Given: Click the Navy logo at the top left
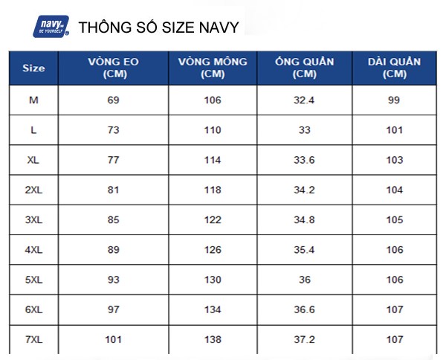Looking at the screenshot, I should pos(51,28).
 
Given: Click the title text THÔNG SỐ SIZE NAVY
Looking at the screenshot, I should pos(158,28).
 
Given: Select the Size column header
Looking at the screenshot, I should pos(33,68).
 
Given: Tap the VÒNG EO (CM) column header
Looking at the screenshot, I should pos(113,68).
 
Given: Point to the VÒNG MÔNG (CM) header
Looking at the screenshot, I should pos(213,68).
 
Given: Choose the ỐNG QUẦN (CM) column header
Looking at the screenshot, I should pos(305,68).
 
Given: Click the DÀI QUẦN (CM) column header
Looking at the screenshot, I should pos(394,68).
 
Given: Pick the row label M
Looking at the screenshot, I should pos(33,100).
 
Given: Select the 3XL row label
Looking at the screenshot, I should pos(33,220).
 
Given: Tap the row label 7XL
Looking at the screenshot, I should pos(33,340).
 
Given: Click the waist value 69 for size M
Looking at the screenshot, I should pos(113,100).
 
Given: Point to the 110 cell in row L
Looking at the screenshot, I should pos(213,130).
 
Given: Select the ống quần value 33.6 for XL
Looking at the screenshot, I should pos(305,160).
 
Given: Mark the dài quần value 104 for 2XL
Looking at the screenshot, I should pos(395,190).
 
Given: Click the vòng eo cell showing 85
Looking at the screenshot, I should pos(113,220).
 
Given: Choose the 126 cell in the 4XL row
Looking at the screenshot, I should pos(213,250).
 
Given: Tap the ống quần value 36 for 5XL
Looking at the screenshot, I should pos(305,280).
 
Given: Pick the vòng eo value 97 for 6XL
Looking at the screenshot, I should pos(113,310).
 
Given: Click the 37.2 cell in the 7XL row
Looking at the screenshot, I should pos(305,340).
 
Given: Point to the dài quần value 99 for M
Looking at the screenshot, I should pos(395,100).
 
